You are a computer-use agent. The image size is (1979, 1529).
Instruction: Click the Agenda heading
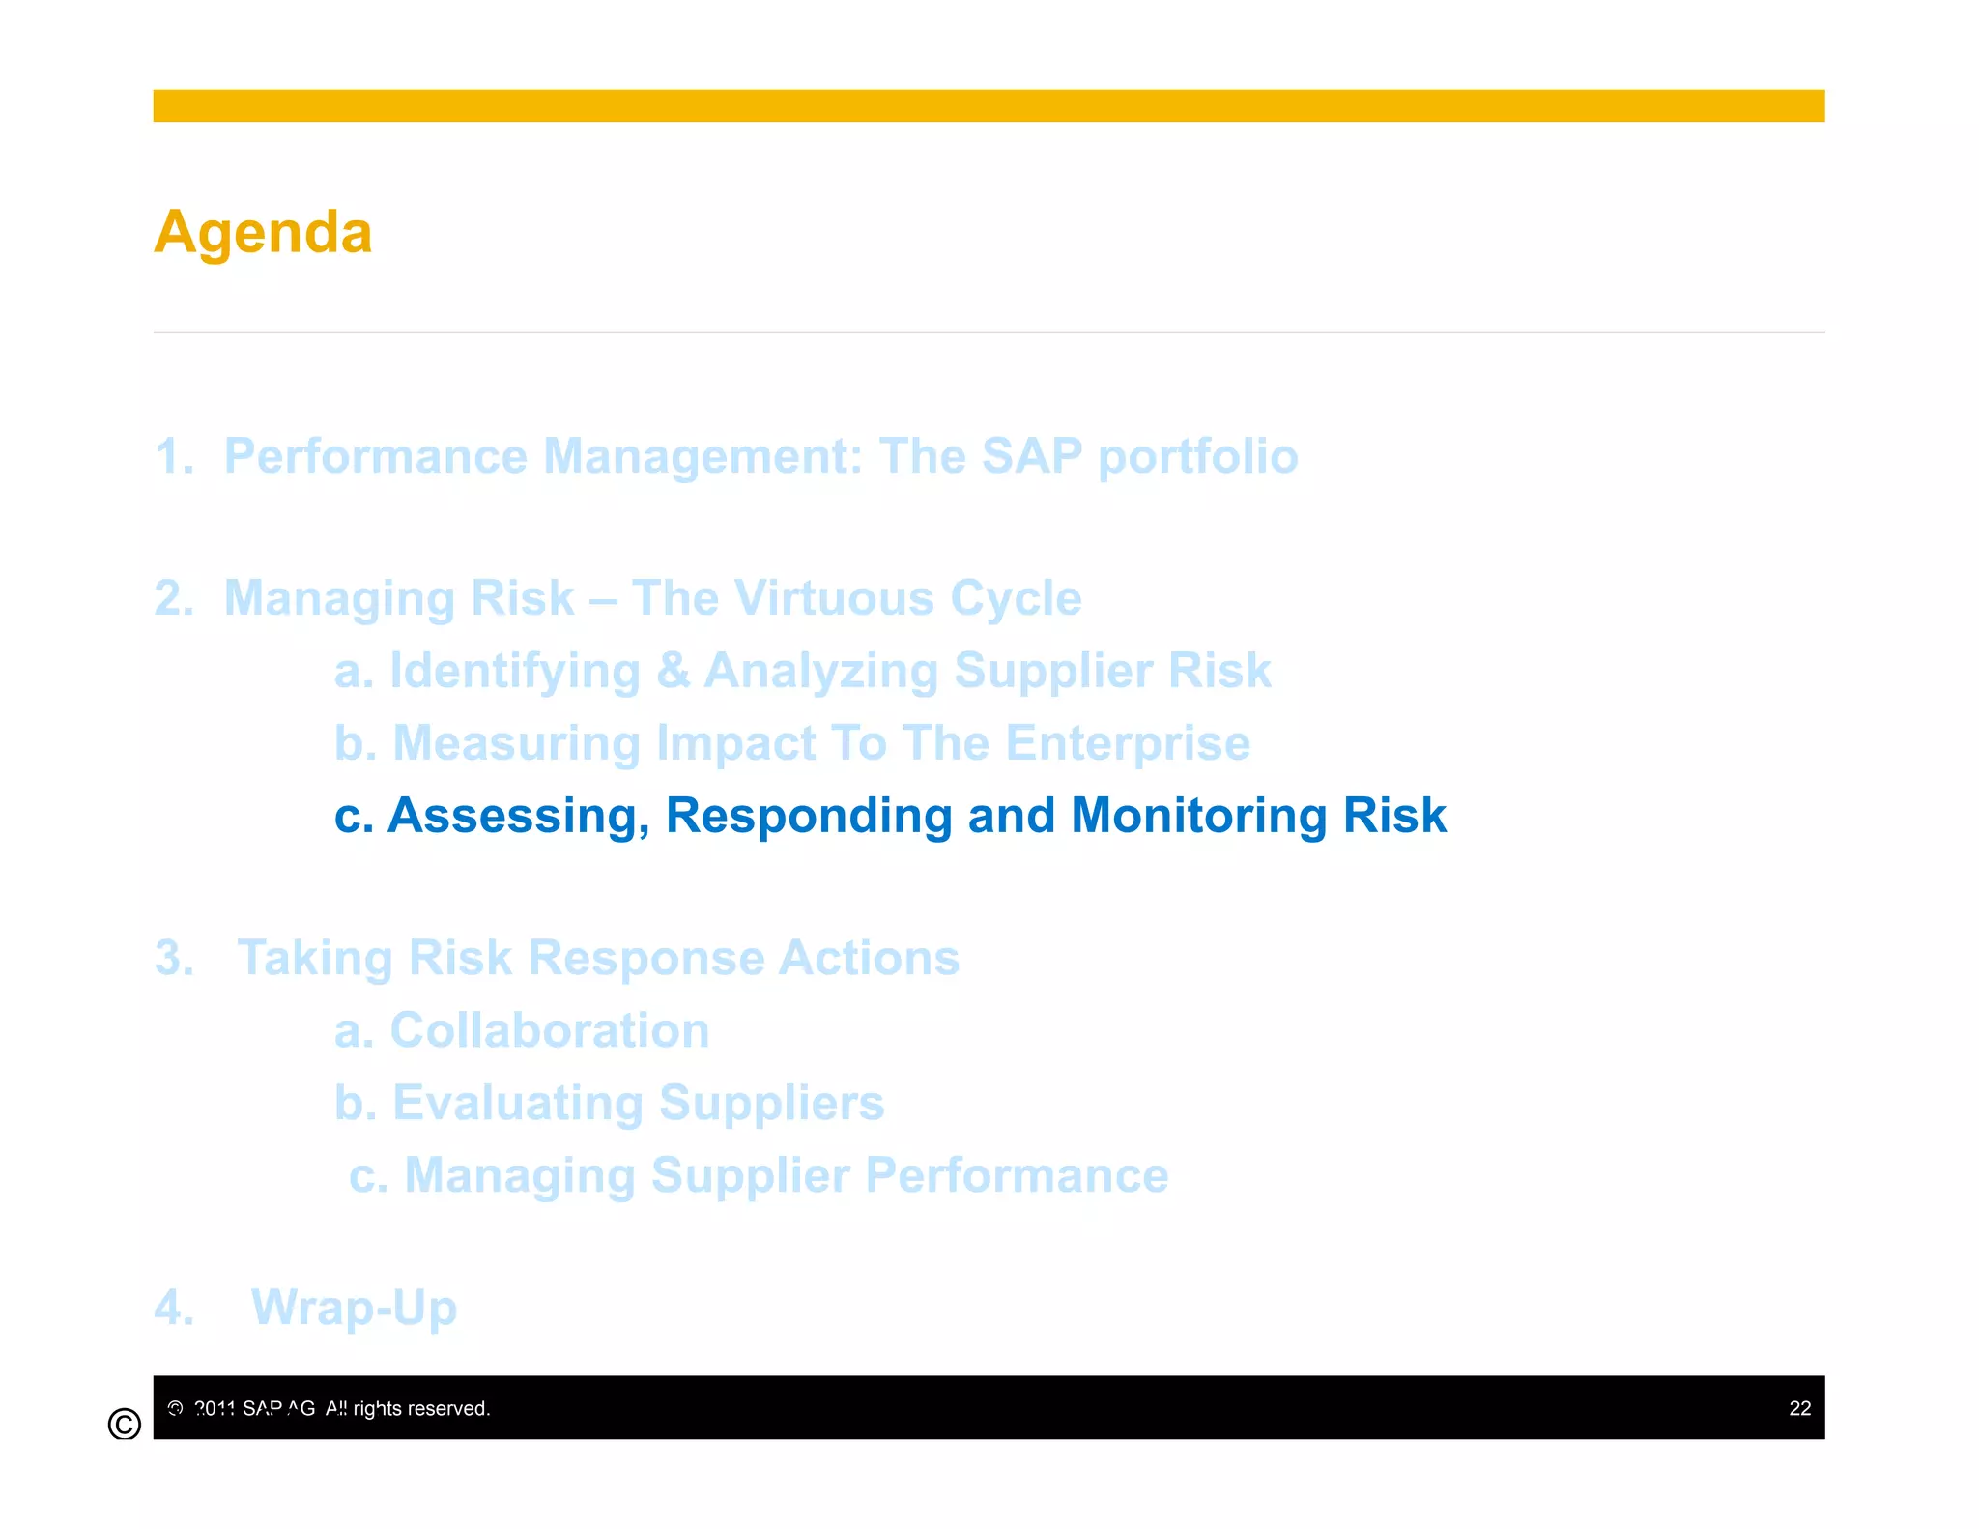coord(263,233)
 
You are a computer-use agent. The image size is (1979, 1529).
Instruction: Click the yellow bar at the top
coord(988,105)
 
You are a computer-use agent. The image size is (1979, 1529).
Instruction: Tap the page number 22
coord(1799,1408)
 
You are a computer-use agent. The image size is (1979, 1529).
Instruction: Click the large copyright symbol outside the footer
coord(125,1424)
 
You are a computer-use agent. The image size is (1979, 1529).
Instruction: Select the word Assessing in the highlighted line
coord(518,816)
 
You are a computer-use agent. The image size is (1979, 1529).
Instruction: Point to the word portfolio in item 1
coord(1197,456)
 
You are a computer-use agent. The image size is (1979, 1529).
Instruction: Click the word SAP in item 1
coord(1031,456)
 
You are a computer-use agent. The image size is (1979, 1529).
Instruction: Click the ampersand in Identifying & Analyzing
coord(673,671)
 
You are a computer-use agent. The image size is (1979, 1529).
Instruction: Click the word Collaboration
coord(549,1030)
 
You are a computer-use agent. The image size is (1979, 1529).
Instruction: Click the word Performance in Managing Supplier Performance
coord(1017,1175)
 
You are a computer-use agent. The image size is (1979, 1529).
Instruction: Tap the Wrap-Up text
coord(354,1308)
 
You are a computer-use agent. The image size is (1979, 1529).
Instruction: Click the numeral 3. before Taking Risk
coord(174,958)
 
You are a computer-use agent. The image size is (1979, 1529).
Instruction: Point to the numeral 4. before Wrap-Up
coord(174,1308)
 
